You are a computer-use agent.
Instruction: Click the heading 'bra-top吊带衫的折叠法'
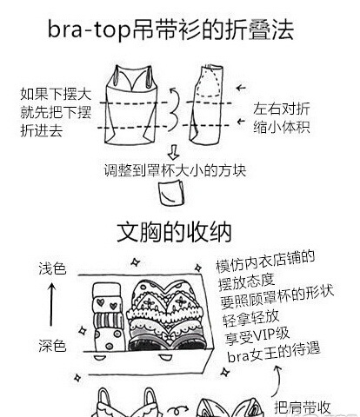171,30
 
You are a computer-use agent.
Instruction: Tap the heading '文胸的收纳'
174,232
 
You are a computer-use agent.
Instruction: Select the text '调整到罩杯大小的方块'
175,170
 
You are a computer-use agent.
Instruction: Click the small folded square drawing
171,192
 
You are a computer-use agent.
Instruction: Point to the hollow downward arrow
173,152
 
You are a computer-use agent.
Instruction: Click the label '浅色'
52,268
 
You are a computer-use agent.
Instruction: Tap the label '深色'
52,346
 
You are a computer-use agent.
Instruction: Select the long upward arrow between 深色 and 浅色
51,304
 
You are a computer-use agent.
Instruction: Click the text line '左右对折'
282,109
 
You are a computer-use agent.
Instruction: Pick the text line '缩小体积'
282,127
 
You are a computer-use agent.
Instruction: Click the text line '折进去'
42,130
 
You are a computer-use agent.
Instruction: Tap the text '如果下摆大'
56,94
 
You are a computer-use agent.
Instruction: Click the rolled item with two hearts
107,303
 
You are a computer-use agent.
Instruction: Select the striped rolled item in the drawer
109,321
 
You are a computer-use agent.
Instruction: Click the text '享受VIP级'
257,336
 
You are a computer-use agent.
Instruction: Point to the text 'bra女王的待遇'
274,353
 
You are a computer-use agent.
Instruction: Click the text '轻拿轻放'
251,318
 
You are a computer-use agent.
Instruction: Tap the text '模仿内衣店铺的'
265,261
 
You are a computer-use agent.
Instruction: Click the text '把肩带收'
303,407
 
